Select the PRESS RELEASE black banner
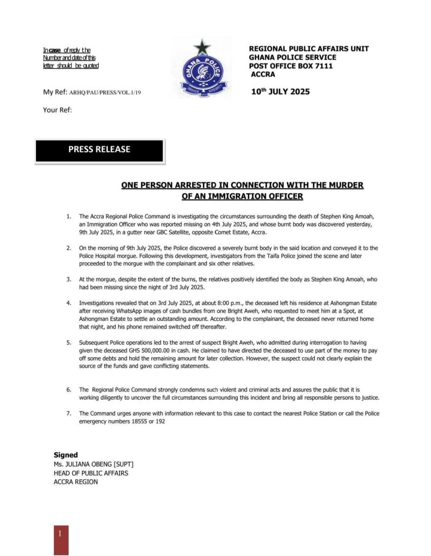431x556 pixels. point(99,149)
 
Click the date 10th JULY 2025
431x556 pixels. point(280,92)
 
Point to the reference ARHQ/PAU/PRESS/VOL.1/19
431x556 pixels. point(105,93)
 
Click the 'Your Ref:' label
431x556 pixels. point(58,110)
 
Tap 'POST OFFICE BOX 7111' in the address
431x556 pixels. point(290,66)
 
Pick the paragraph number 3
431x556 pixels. point(68,279)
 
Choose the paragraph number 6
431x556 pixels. point(68,390)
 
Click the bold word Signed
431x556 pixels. point(66,454)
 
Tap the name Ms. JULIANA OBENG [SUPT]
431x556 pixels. point(93,464)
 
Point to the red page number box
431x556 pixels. point(61,539)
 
